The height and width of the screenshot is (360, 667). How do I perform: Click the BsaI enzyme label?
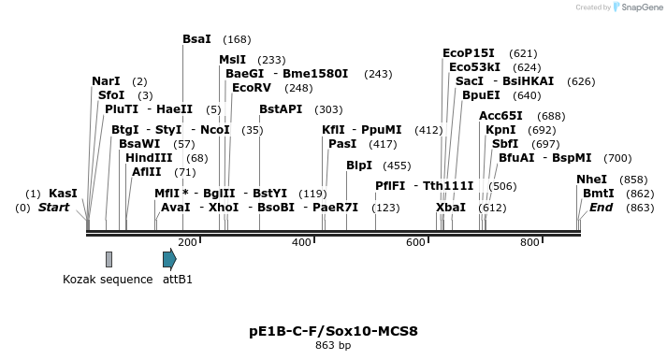(196, 39)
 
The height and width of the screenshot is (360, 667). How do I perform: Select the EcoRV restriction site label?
(251, 87)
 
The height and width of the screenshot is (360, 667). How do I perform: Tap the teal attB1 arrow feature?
(169, 259)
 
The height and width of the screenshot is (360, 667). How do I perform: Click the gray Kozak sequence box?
(109, 259)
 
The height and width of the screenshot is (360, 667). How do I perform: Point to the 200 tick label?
(187, 242)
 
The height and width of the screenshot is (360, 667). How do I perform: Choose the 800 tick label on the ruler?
(529, 242)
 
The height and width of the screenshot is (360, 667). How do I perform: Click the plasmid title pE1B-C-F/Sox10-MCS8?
(333, 331)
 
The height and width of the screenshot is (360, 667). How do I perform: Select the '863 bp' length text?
(333, 345)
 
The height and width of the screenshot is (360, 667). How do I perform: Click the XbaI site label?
(451, 207)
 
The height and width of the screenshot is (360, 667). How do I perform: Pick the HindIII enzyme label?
(148, 158)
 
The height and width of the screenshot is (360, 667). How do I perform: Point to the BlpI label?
(359, 165)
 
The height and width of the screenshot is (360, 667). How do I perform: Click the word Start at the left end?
(54, 207)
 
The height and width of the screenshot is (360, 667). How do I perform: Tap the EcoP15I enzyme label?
(471, 53)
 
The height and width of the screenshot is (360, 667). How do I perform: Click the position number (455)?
(397, 166)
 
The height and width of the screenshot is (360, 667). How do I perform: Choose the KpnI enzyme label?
(500, 130)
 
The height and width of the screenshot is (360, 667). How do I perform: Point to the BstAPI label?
(281, 109)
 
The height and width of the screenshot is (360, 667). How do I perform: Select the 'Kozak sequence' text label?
(108, 279)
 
